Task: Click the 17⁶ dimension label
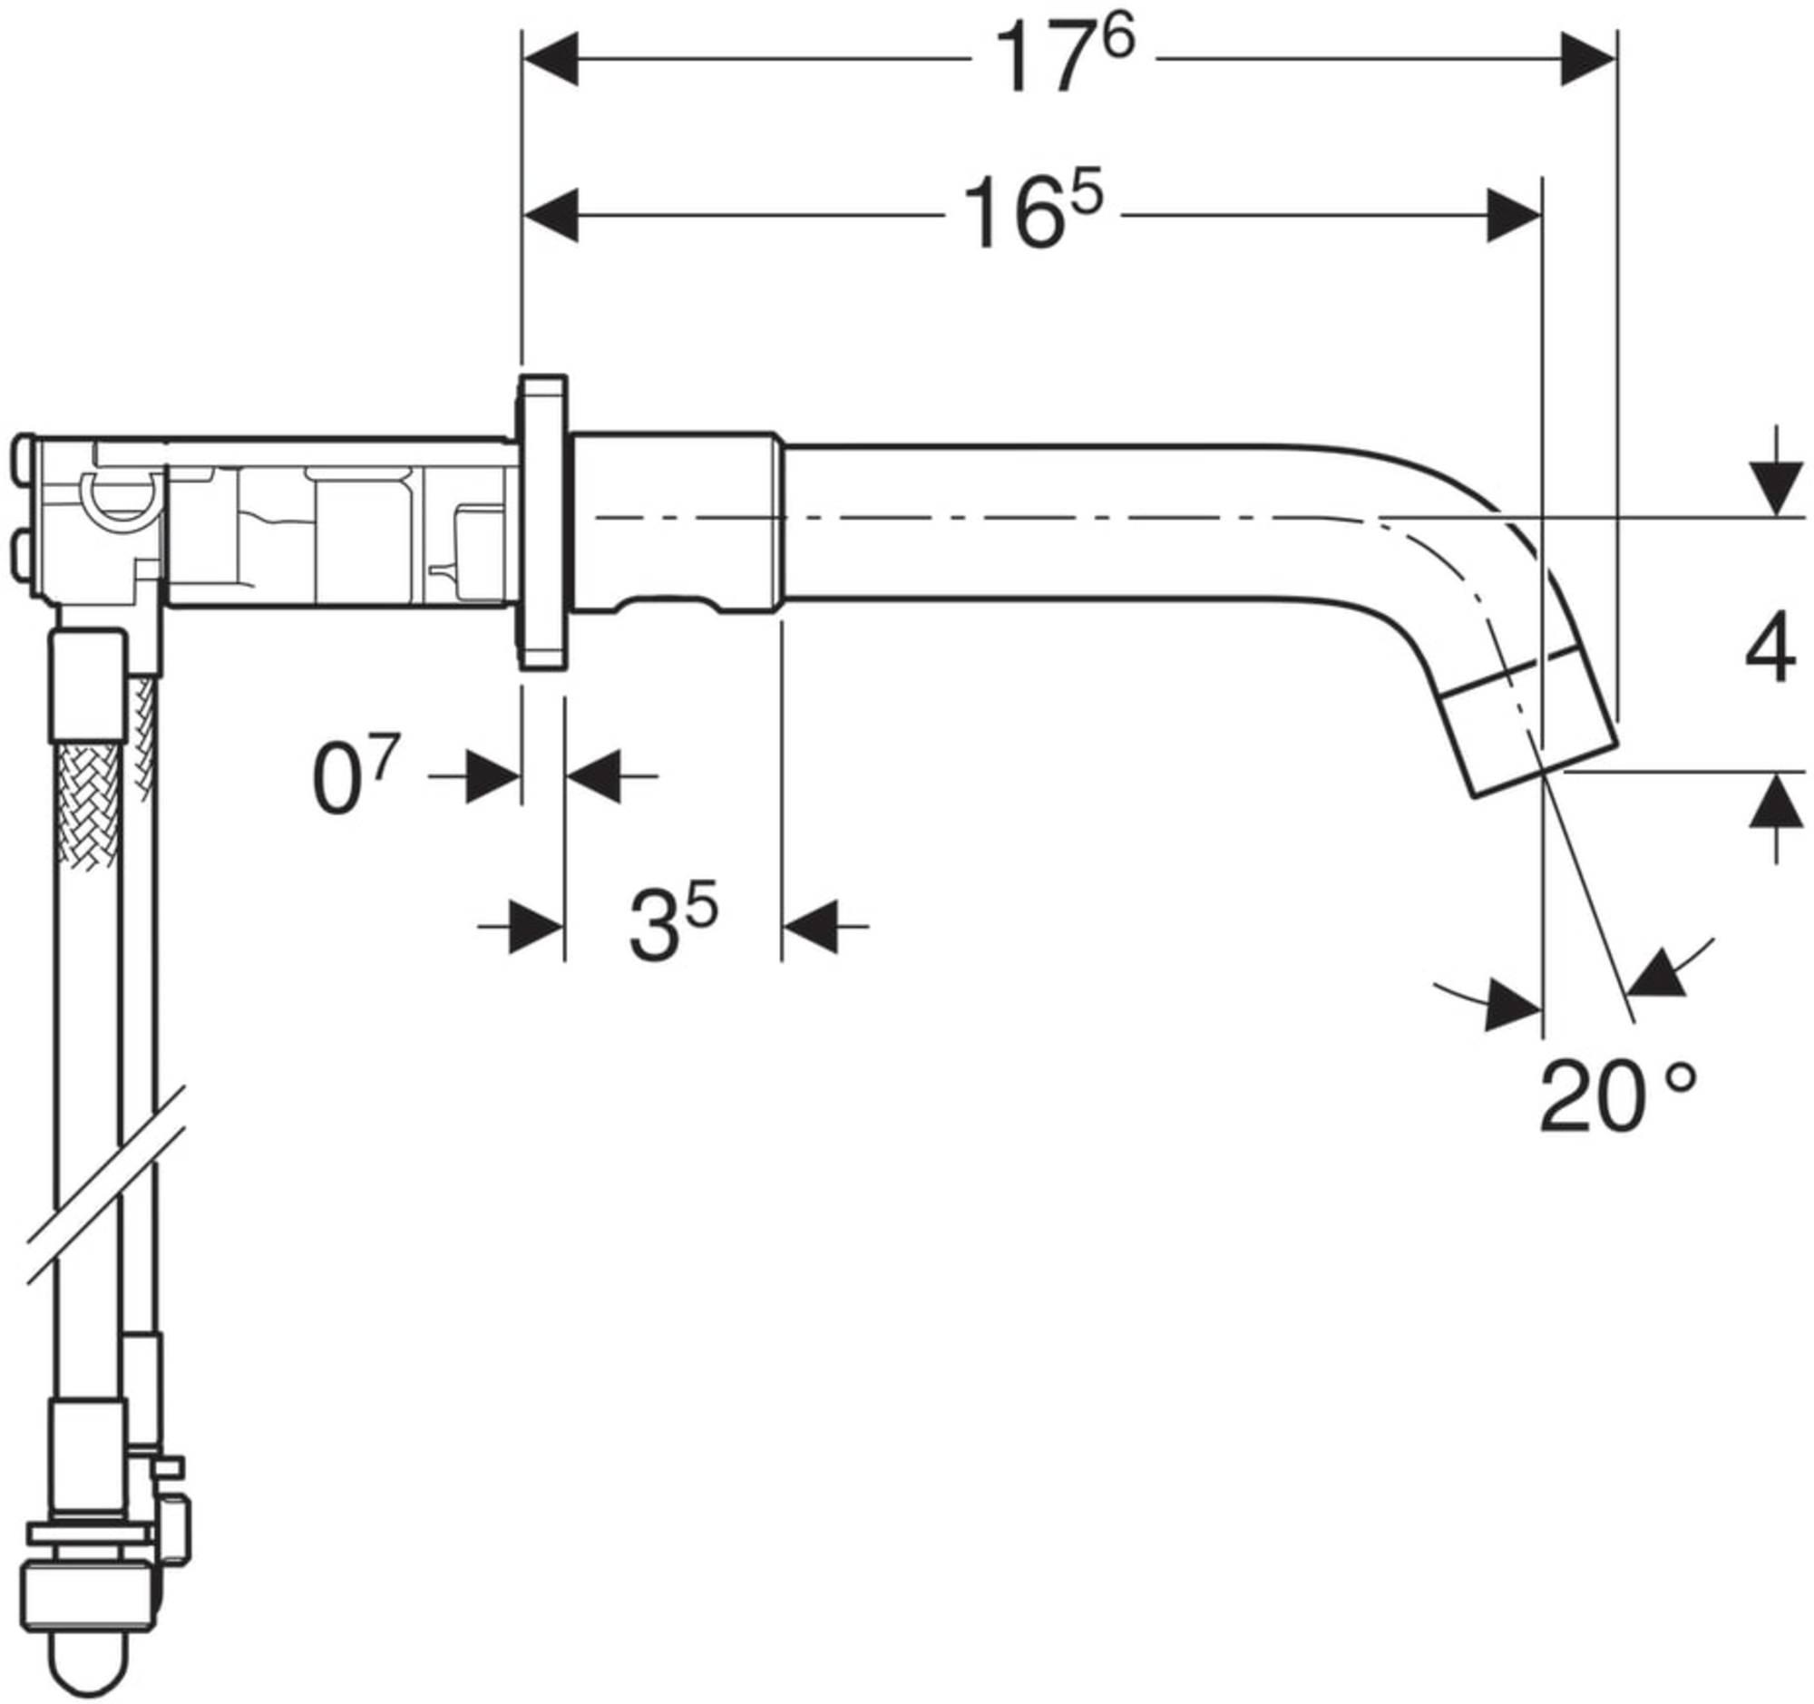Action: [x=1064, y=58]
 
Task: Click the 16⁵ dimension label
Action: [x=1032, y=215]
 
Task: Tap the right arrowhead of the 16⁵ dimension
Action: [x=1515, y=216]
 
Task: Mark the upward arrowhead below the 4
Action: [x=1775, y=803]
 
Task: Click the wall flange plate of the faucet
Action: [x=543, y=523]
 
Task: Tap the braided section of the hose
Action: [x=86, y=803]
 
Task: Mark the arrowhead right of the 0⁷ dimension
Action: [x=594, y=777]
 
